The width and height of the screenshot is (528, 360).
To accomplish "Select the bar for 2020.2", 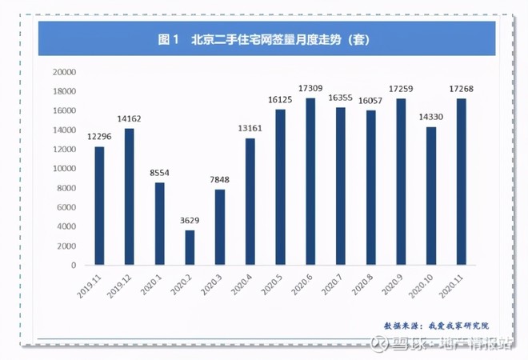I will [190, 247].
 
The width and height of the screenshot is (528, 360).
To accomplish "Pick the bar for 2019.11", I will [99, 206].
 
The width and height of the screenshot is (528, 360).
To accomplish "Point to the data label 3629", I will [190, 222].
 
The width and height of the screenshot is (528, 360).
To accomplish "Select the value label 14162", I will [130, 120].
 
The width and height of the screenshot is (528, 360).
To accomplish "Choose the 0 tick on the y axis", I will [72, 266].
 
